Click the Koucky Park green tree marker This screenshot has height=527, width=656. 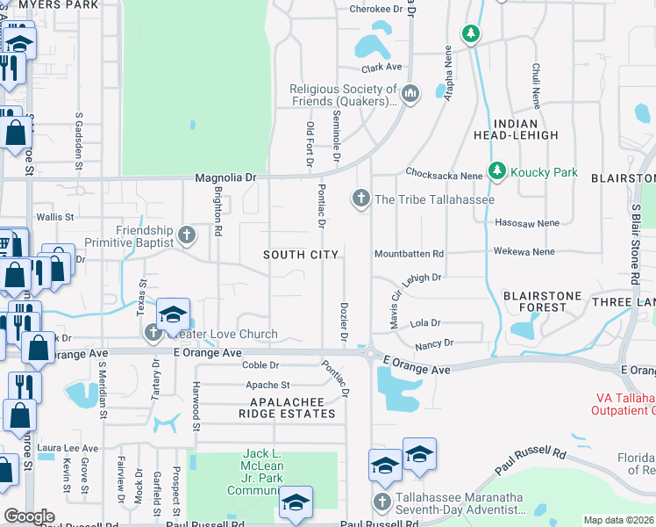coord(498,170)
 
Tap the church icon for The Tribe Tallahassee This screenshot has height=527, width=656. coord(360,199)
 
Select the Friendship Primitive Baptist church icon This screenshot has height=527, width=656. coord(186,235)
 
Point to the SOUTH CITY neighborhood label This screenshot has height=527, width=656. coord(302,255)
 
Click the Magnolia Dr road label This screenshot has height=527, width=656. coord(225,177)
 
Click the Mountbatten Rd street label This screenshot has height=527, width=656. coord(409,253)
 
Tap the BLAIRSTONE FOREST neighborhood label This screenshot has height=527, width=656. coord(535,300)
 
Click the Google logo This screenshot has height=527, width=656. coord(29,516)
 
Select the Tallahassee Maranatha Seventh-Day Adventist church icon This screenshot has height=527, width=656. coord(381,502)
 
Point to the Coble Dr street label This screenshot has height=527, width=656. coord(260,365)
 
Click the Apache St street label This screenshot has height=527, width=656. coord(267,385)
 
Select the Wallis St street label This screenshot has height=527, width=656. coord(54,216)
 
